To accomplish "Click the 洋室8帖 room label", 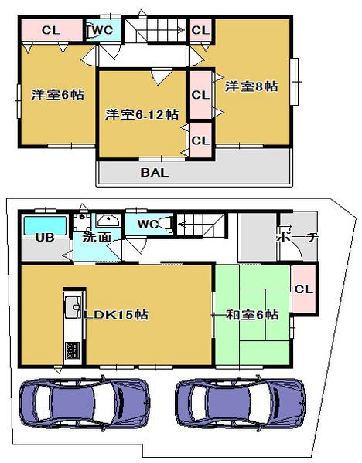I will pos(251,86).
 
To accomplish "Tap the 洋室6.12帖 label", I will pos(142,113).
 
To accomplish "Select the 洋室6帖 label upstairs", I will pos(57,94).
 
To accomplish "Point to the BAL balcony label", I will pos(155,172).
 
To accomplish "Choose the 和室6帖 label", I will pos(251,314).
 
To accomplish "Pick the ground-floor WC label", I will pos(148,224).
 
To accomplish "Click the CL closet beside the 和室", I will pos(303,289).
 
